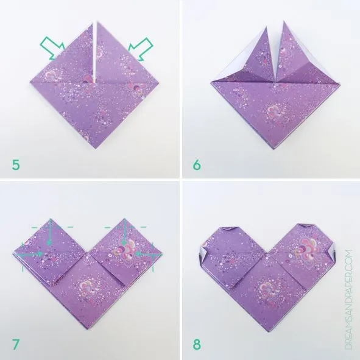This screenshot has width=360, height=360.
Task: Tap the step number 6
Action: click(196, 163)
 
